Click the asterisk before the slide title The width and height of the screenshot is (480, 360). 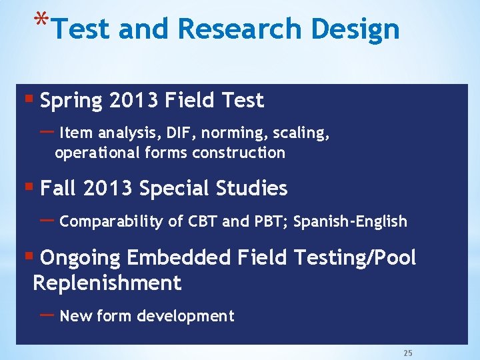(x=41, y=18)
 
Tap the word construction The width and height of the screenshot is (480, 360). (x=239, y=153)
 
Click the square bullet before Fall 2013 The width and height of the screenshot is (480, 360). (x=28, y=187)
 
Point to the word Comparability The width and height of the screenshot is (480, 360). (x=111, y=222)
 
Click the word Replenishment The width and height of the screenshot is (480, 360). (x=107, y=283)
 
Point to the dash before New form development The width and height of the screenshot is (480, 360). (x=47, y=314)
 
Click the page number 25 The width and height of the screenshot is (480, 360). (x=407, y=353)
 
